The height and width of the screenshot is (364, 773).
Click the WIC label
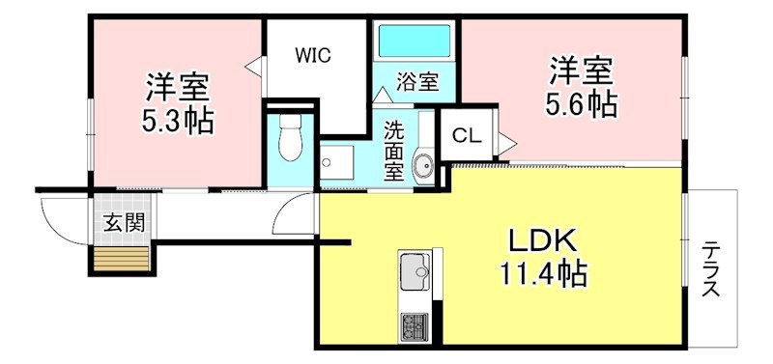point(313,55)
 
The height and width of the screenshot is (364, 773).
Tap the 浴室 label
point(417,83)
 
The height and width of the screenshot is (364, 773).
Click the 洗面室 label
point(394,150)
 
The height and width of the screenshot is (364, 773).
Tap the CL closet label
point(466,136)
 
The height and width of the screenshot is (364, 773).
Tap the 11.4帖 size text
point(542,275)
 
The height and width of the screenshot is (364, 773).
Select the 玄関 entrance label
point(124,222)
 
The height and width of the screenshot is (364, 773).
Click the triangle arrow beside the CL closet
point(506,143)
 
